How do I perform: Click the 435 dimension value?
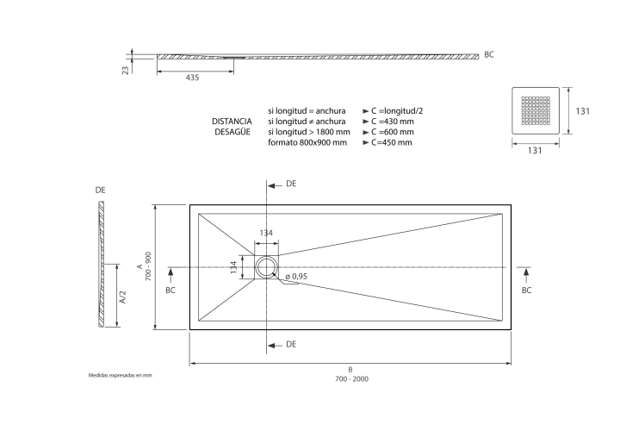[192, 78]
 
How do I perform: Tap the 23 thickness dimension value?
[126, 71]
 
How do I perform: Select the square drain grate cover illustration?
[536, 111]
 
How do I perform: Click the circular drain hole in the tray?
[266, 267]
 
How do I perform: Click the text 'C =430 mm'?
[393, 122]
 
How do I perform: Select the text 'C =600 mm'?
[393, 132]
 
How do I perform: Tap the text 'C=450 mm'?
[392, 142]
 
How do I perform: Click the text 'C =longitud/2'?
[397, 111]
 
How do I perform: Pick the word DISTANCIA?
[232, 122]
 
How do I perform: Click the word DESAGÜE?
[232, 132]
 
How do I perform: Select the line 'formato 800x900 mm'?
[307, 142]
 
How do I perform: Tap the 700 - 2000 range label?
[351, 379]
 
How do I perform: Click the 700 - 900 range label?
[148, 266]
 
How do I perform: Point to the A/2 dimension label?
[122, 297]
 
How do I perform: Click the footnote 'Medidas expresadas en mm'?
[121, 375]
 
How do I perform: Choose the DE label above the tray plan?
[291, 184]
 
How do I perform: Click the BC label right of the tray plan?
[526, 290]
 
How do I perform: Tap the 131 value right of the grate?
[582, 111]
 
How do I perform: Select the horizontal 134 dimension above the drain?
[266, 233]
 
